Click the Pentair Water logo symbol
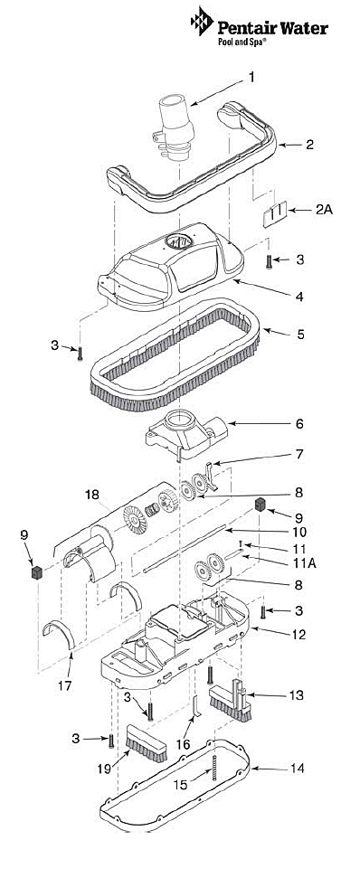(x=202, y=22)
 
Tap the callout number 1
(x=251, y=77)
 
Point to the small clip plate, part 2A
(x=275, y=214)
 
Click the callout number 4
(x=300, y=297)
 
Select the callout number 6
(x=299, y=424)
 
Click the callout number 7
(x=299, y=455)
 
